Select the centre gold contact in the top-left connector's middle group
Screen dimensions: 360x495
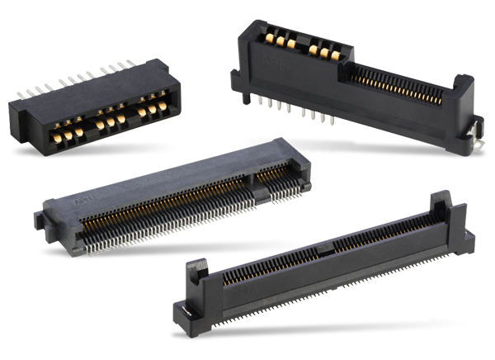[x=111, y=123]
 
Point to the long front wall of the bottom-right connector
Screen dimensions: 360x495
[x=330, y=272]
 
